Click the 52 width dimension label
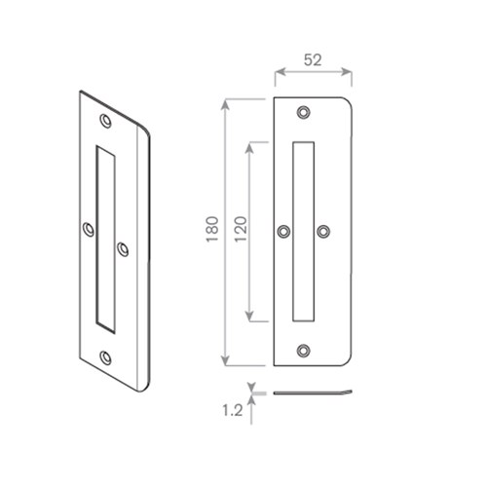pyautogui.click(x=312, y=59)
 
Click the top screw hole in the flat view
pyautogui.click(x=304, y=112)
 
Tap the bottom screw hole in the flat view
pyautogui.click(x=304, y=350)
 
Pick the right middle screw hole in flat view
pyautogui.click(x=324, y=231)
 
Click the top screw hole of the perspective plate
pyautogui.click(x=106, y=123)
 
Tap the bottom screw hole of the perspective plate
pyautogui.click(x=106, y=356)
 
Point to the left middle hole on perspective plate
pyautogui.click(x=88, y=230)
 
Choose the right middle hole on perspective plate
pyautogui.click(x=124, y=248)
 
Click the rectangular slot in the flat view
pyautogui.click(x=304, y=231)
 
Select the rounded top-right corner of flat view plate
pyautogui.click(x=346, y=102)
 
